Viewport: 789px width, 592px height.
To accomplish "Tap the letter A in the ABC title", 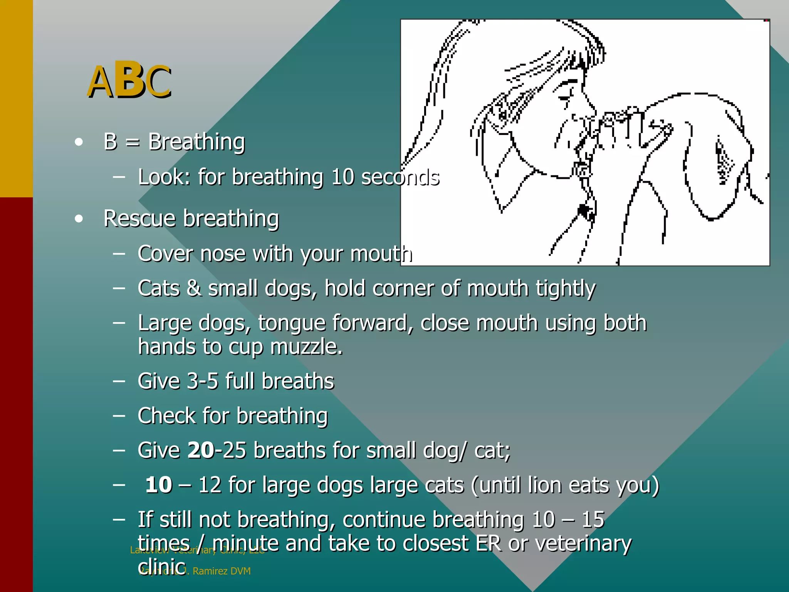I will tap(100, 82).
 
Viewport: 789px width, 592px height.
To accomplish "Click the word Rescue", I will tap(140, 219).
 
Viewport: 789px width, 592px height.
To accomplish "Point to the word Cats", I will tap(158, 288).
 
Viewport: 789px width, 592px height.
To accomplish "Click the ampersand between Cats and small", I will tap(194, 288).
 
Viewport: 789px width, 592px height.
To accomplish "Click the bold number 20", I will tap(200, 450).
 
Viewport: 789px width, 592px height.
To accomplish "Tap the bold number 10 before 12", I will tap(159, 485).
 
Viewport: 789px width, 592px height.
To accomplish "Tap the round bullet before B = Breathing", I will tap(79, 142).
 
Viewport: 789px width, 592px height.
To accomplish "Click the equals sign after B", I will tap(133, 143).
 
